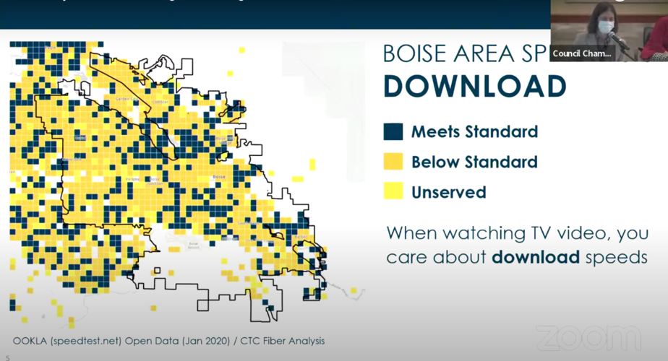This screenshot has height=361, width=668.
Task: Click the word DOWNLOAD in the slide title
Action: [x=474, y=86]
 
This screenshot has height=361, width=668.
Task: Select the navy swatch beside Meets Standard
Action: [x=393, y=131]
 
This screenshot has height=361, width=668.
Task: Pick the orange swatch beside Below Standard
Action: [x=393, y=162]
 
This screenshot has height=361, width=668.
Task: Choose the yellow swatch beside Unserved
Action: [x=393, y=192]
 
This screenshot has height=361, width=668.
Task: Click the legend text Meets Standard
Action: [x=474, y=132]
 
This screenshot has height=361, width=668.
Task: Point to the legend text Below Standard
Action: [x=474, y=162]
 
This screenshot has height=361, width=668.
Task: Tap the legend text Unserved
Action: [x=448, y=192]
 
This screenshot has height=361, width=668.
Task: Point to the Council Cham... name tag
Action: [x=582, y=53]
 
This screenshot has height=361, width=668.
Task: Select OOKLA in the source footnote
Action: [x=31, y=341]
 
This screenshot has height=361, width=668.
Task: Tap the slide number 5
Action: [x=8, y=356]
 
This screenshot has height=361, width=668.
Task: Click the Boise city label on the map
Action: [x=218, y=176]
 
